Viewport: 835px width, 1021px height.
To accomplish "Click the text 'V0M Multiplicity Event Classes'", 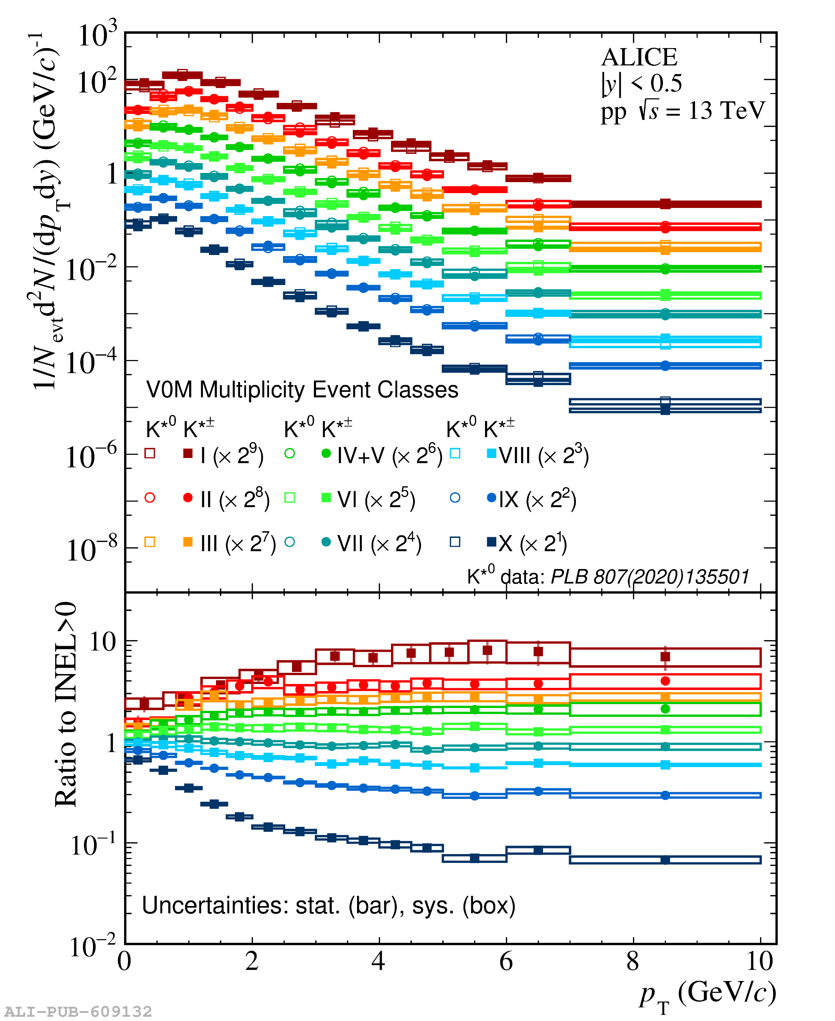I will pos(302,390).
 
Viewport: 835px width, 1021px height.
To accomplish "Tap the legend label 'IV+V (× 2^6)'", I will pos(389,455).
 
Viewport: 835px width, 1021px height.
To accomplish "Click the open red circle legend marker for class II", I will pos(150,498).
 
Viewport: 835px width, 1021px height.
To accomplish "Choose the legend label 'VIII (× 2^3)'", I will pos(543,455).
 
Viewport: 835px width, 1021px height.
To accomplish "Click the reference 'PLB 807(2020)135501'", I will pos(649,576).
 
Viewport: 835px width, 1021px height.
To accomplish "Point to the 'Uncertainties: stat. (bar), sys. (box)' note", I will pos(328,905).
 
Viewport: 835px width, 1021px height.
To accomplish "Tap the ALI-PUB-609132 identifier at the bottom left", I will pos(78,1011).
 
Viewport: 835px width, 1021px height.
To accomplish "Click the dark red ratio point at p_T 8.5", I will pos(665,656).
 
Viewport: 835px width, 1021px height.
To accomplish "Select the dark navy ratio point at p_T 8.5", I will pos(665,860).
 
